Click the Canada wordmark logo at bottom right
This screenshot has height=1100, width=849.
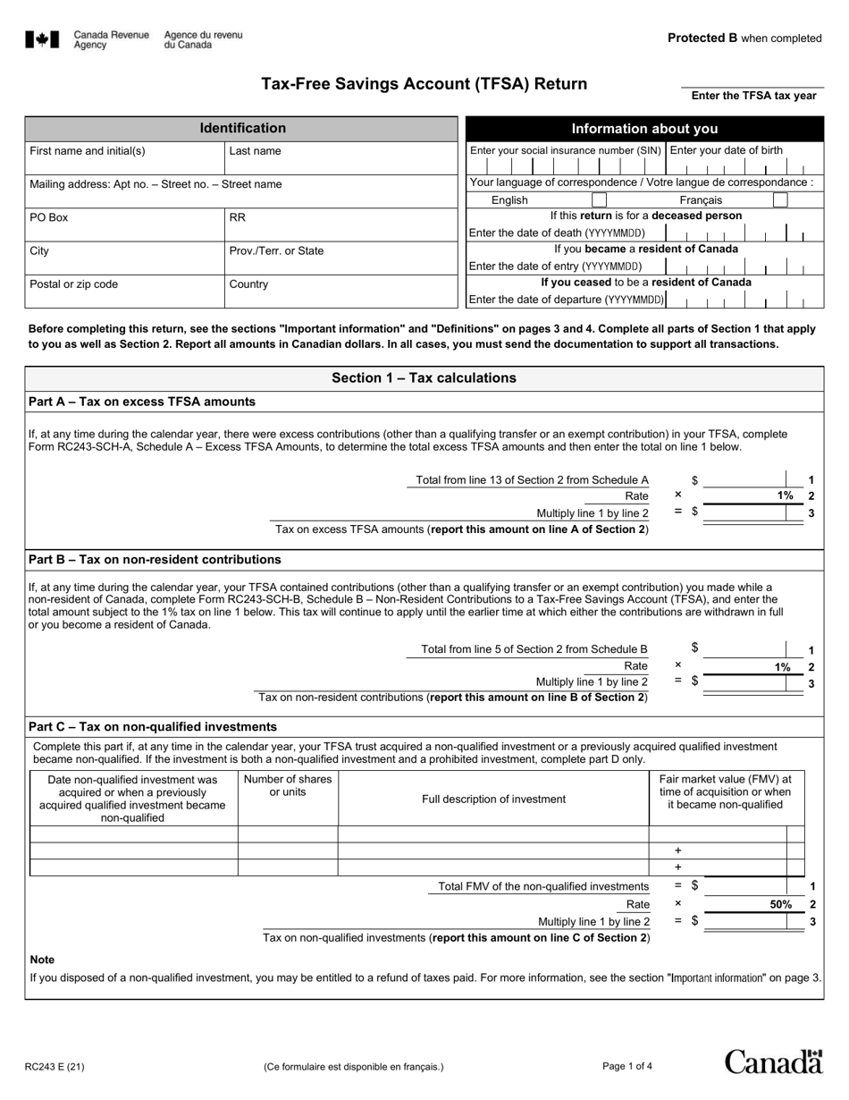pyautogui.click(x=773, y=1062)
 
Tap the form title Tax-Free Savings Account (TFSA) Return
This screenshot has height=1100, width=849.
pyautogui.click(x=424, y=84)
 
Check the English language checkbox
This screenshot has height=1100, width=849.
pyautogui.click(x=600, y=200)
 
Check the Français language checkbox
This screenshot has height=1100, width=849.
pyautogui.click(x=779, y=200)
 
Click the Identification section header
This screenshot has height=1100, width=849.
pyautogui.click(x=242, y=129)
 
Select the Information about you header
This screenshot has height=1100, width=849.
pyautogui.click(x=644, y=129)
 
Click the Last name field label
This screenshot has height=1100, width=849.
pyautogui.click(x=255, y=151)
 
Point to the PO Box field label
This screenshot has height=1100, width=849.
pyautogui.click(x=48, y=217)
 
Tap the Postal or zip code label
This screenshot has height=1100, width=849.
pyautogui.click(x=73, y=284)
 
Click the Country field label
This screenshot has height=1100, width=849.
pyautogui.click(x=248, y=284)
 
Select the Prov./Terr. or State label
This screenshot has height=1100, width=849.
pyautogui.click(x=276, y=251)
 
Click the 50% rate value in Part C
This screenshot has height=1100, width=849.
pyautogui.click(x=780, y=904)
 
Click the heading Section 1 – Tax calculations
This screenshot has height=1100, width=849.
pyautogui.click(x=424, y=378)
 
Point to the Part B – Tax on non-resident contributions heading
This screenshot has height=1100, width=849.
pyautogui.click(x=155, y=560)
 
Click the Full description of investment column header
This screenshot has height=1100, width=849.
pyautogui.click(x=493, y=800)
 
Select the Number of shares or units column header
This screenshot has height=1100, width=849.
pyautogui.click(x=288, y=786)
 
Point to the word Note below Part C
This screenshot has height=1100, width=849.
pyautogui.click(x=42, y=960)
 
